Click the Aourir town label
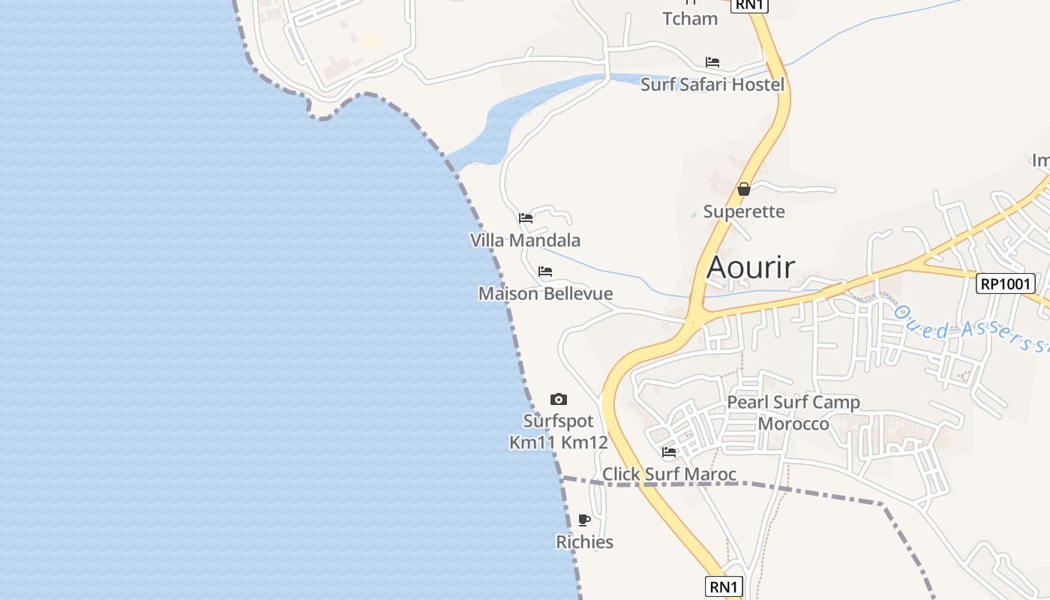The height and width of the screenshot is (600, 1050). [751, 267]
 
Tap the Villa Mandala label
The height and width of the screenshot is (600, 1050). [525, 240]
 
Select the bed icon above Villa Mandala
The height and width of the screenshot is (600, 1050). [526, 218]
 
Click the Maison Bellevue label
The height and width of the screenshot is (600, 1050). [545, 293]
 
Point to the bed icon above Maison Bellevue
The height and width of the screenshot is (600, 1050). [545, 271]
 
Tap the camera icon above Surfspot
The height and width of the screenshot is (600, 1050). [559, 399]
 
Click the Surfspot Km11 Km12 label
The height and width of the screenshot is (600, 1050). [558, 431]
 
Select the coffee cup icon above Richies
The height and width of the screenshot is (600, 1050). [584, 520]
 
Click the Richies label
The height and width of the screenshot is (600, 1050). [584, 541]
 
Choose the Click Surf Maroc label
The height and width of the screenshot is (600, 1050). [669, 474]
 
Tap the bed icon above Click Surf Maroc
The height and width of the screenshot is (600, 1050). [669, 451]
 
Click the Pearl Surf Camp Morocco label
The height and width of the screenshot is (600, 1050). [793, 412]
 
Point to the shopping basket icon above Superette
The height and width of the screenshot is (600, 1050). [744, 189]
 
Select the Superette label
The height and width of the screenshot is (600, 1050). [744, 211]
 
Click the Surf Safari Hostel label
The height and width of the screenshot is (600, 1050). [712, 84]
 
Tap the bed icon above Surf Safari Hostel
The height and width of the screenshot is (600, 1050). [712, 61]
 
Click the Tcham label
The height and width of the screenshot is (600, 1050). [690, 18]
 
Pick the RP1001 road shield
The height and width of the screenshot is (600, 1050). [1006, 283]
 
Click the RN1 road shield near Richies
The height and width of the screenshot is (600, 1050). [724, 586]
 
